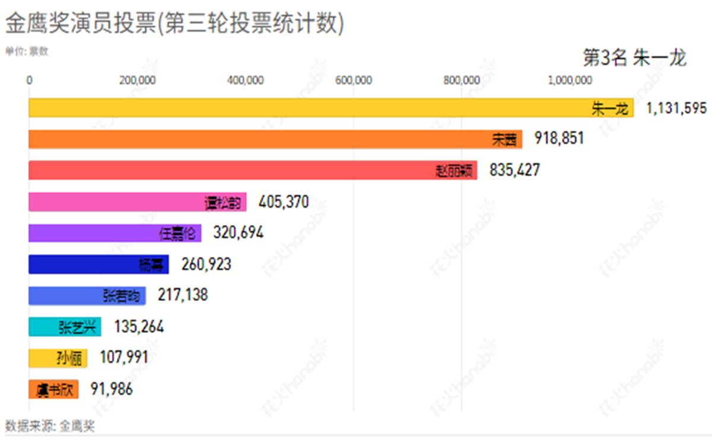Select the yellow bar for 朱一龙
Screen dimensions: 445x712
331,107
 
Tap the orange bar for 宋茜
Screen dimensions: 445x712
275,139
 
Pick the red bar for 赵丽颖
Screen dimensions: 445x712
253,170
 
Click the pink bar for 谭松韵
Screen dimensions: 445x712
138,202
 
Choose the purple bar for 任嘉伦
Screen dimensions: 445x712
115,233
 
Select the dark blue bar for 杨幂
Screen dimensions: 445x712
98,264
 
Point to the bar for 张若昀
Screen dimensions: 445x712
87,295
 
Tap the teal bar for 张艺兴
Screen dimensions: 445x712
65,327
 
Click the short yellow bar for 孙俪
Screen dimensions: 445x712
58,358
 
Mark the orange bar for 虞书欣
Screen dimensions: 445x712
53,389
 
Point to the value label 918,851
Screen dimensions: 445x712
559,139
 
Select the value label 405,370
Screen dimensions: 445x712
284,202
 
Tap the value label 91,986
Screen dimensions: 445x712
112,389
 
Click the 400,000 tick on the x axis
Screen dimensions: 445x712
246,81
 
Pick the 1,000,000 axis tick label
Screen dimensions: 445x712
570,81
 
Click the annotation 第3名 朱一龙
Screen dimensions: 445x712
635,58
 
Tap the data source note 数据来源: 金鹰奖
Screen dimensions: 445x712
50,426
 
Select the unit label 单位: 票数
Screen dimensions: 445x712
27,51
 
